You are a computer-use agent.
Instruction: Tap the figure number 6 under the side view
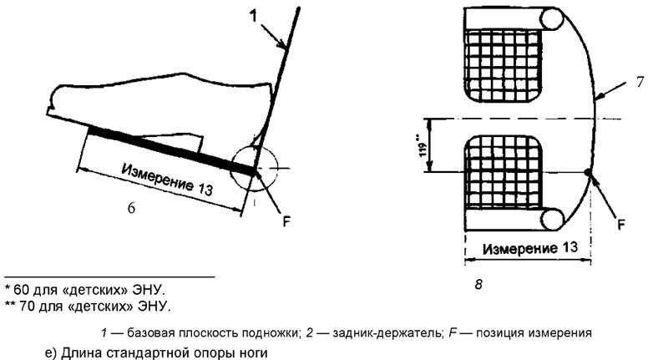[x=131, y=208]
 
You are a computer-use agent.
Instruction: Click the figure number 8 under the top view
[x=478, y=285]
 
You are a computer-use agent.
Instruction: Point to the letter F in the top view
[x=620, y=223]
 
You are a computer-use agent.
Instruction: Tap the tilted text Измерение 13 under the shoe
[x=167, y=180]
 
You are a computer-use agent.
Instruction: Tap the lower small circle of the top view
[x=552, y=220]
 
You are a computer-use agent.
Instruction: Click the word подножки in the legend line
[x=272, y=332]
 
